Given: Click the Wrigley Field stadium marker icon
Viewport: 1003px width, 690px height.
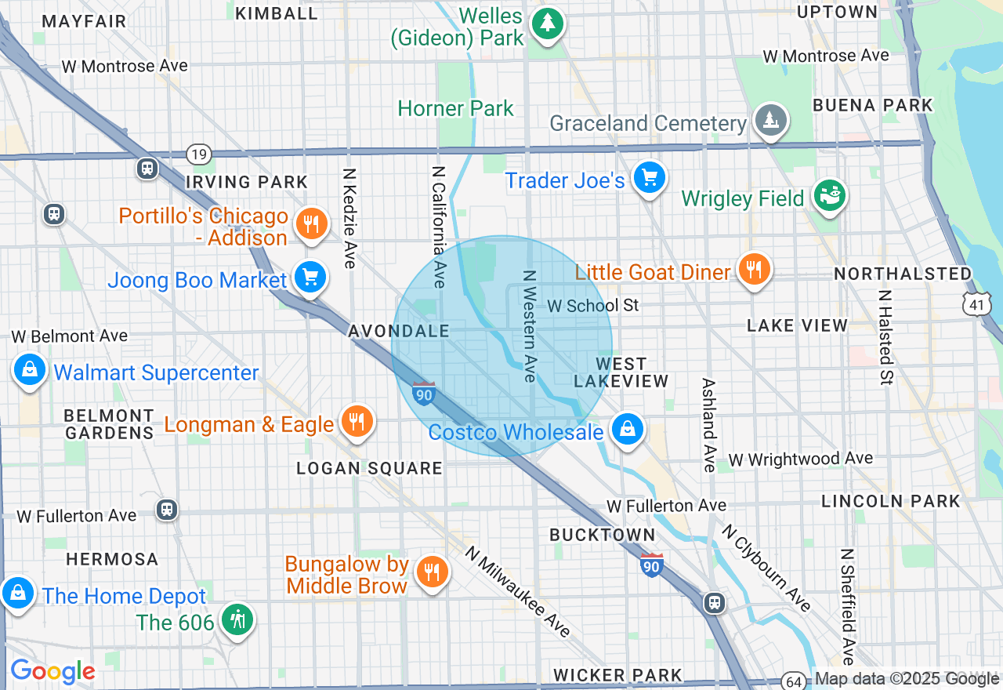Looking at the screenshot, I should (830, 195).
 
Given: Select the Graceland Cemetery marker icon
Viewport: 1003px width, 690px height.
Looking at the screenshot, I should (771, 120).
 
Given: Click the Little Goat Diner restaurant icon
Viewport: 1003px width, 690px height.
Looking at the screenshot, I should (753, 269).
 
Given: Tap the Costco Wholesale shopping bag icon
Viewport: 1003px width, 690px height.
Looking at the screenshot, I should (627, 429).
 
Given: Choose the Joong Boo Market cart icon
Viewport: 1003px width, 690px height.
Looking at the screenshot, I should (310, 277).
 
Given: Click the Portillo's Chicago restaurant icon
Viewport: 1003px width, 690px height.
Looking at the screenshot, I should (311, 224).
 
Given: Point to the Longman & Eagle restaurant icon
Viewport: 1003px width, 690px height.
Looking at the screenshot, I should (357, 422).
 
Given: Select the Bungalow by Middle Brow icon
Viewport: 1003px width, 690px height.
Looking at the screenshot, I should (431, 572).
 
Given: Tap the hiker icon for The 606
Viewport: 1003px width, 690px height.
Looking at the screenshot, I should (236, 619).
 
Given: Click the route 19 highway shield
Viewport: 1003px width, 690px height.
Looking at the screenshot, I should (200, 154).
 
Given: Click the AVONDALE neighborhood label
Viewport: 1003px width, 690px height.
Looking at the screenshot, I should (399, 332).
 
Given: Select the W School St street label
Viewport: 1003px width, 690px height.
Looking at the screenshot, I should (592, 305).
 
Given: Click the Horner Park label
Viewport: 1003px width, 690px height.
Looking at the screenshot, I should (455, 108).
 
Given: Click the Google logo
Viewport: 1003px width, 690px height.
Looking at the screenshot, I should (52, 671).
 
